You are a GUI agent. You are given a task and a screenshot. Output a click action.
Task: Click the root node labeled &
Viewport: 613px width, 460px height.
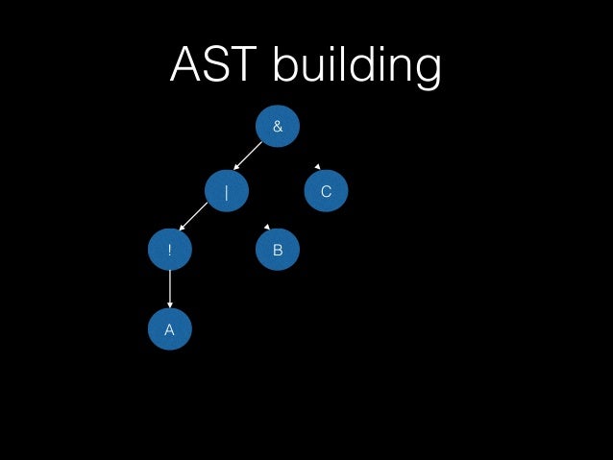coord(278,126)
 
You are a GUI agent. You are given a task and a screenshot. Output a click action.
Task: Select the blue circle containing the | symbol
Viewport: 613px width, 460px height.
coord(227,191)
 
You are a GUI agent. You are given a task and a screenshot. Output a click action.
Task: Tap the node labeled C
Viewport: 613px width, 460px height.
coord(326,191)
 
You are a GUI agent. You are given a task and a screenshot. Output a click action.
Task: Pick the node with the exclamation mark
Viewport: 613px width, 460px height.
coord(170,250)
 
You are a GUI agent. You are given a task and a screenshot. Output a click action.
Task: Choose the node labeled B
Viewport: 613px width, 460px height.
coord(278,250)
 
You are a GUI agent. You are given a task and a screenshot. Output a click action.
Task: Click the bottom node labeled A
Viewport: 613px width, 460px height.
coord(170,329)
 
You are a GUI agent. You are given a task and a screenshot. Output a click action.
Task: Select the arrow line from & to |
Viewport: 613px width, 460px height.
coord(249,157)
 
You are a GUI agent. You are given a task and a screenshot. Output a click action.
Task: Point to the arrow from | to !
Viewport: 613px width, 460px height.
coord(194,216)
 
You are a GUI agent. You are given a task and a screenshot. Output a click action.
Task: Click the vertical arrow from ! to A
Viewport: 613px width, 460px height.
coord(170,288)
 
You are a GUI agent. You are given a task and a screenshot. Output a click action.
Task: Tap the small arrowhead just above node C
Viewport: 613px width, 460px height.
coord(317,167)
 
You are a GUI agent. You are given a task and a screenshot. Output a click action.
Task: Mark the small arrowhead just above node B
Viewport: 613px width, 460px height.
coord(267,227)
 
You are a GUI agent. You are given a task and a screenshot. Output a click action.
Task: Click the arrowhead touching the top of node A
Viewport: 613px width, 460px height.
coord(170,304)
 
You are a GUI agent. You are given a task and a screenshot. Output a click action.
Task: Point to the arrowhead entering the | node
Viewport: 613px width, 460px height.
coord(236,168)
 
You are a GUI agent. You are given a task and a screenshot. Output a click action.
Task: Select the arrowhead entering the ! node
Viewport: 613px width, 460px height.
coord(182,228)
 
